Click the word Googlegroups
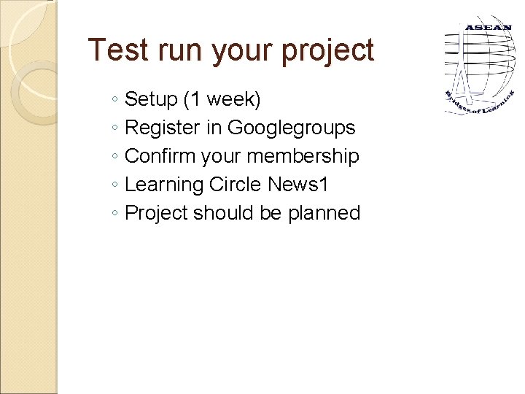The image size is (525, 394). tap(291, 128)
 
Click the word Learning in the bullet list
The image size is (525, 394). tap(164, 185)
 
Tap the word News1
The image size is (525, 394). tap(298, 185)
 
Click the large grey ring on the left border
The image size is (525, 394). tap(33, 91)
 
